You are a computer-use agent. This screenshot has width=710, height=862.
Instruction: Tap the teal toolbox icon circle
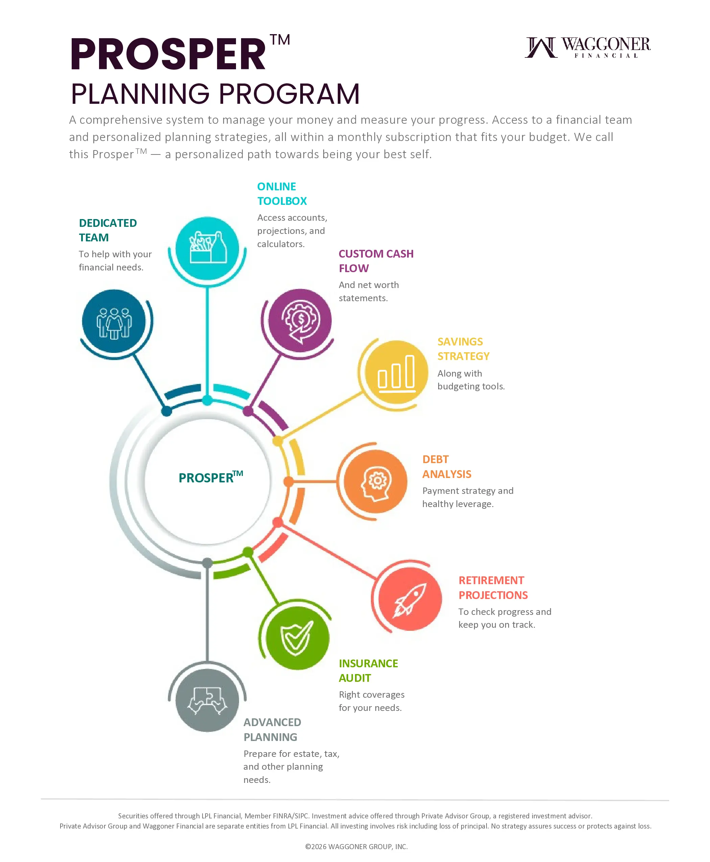(x=207, y=248)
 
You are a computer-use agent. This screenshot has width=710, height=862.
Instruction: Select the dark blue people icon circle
(x=114, y=321)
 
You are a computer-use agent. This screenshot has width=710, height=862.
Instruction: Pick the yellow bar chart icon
(x=396, y=372)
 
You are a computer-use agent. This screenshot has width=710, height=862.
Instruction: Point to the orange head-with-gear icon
(x=375, y=481)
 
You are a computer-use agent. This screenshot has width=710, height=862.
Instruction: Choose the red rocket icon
(x=410, y=599)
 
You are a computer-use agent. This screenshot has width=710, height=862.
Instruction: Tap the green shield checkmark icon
(x=297, y=638)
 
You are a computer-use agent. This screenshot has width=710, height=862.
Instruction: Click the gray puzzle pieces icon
(x=207, y=700)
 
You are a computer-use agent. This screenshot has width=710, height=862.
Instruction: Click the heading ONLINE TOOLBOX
(x=282, y=194)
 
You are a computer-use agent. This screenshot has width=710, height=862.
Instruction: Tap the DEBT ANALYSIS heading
(x=447, y=466)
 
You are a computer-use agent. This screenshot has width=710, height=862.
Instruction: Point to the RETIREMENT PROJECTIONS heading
(x=493, y=588)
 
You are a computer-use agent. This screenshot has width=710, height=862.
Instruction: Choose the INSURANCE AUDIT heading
(x=368, y=671)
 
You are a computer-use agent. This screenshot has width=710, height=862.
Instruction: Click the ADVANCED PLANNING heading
(x=272, y=729)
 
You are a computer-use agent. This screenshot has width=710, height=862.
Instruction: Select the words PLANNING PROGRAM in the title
(x=215, y=94)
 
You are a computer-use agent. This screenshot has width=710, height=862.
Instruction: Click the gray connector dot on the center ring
(x=207, y=563)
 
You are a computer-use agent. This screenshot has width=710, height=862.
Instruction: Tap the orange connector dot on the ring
(x=288, y=481)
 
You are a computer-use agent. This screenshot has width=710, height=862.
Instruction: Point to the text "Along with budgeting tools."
(x=471, y=380)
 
